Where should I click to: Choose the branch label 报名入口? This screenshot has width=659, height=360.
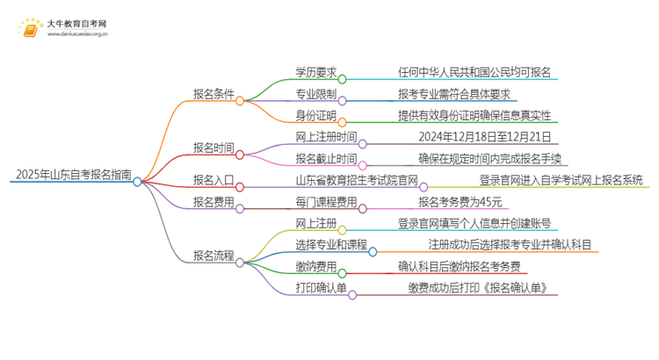214,180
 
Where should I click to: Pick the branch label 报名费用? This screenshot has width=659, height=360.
214,202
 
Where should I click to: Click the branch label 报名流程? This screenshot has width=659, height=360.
214,256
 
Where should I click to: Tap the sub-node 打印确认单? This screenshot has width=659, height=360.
322,288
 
